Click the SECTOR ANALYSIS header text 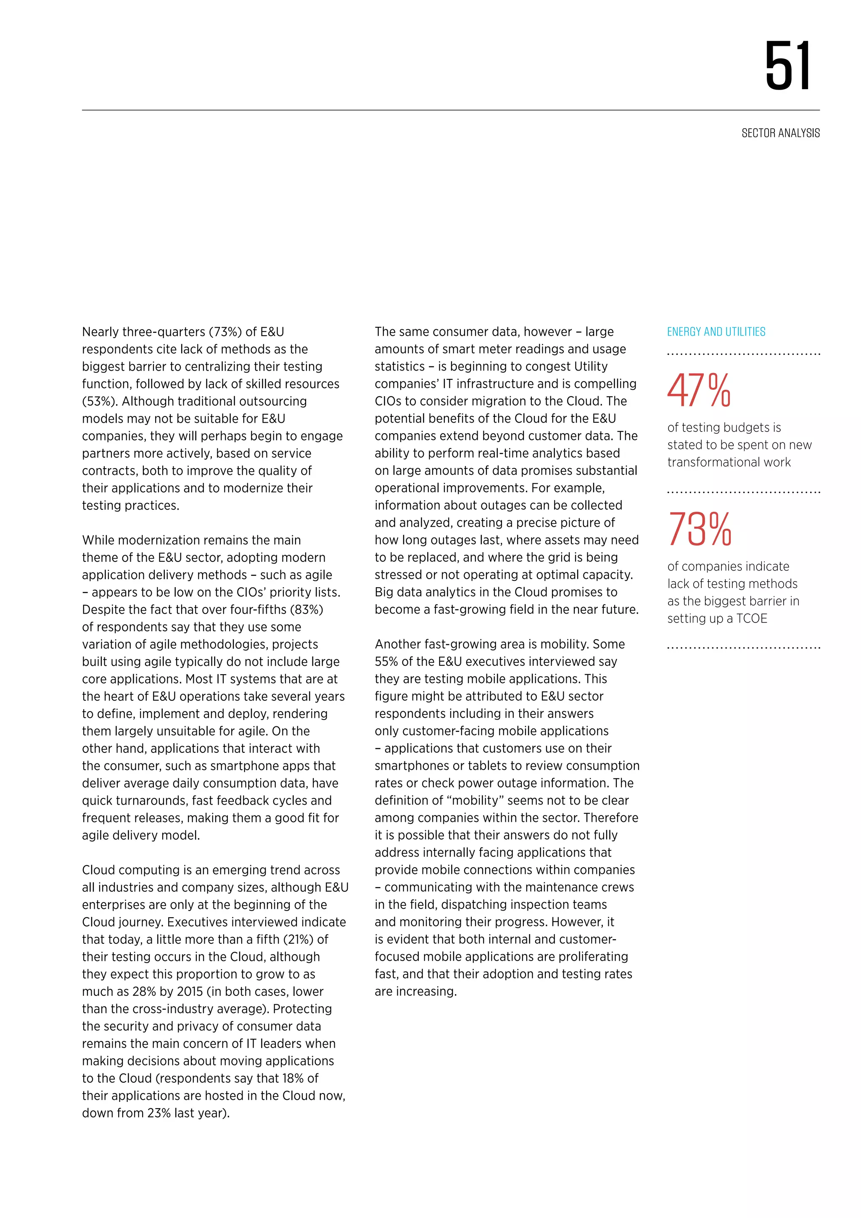coord(780,133)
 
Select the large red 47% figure coord(699,391)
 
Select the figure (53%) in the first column coord(99,402)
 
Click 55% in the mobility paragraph coord(386,662)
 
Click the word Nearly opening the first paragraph coord(100,332)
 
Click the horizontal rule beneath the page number coord(451,110)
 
